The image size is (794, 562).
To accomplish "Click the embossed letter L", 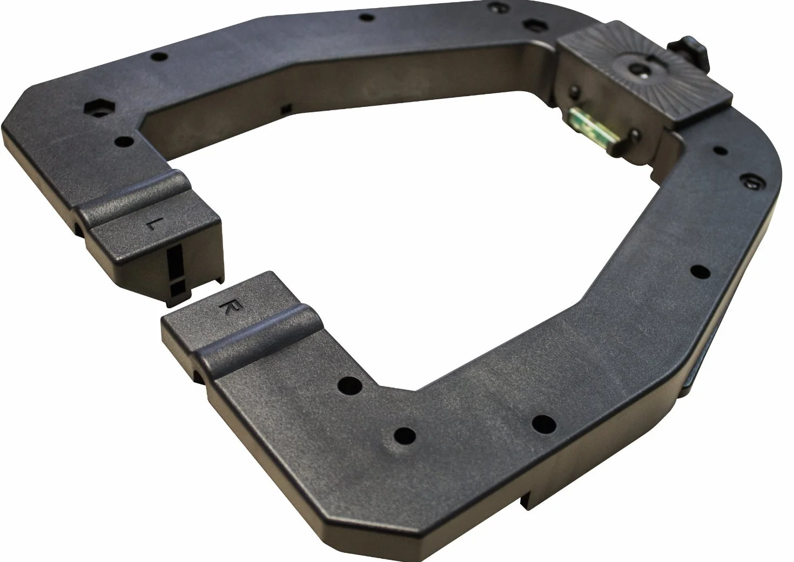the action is [x=152, y=224].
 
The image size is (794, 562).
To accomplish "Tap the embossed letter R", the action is [x=227, y=307].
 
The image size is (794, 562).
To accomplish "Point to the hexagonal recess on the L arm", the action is [x=100, y=109].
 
